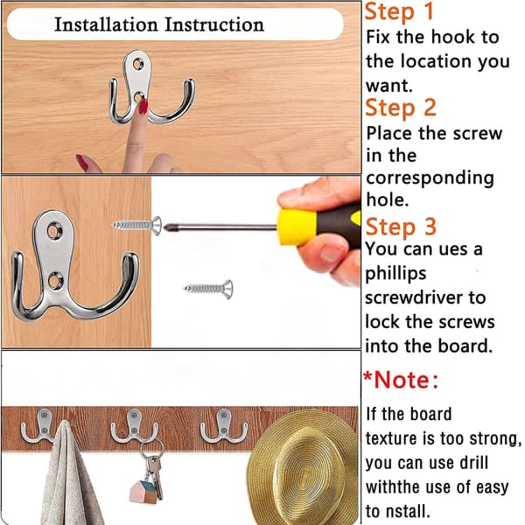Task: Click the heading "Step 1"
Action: (400, 12)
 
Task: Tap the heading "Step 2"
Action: (401, 108)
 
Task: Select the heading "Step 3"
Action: (401, 227)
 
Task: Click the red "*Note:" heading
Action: (401, 380)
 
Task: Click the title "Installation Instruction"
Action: (159, 24)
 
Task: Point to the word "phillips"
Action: (395, 274)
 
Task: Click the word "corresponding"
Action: (430, 178)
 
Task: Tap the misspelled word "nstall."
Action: (408, 511)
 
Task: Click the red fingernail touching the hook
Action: (143, 106)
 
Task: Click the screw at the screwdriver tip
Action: (137, 226)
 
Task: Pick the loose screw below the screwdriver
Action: (208, 289)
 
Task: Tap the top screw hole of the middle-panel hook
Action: (54, 230)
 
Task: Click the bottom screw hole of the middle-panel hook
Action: (56, 281)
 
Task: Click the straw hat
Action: (303, 467)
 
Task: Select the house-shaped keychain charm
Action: (144, 492)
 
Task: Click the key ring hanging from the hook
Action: (151, 449)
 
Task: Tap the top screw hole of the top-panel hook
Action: (138, 64)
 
